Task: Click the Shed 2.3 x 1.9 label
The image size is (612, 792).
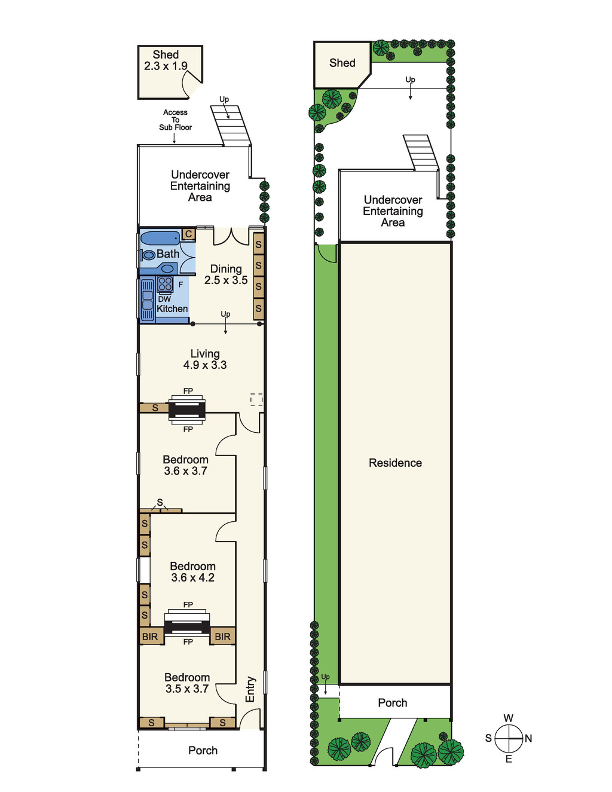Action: (x=166, y=60)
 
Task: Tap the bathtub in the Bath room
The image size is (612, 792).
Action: (x=160, y=238)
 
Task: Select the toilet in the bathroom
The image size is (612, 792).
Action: (x=148, y=255)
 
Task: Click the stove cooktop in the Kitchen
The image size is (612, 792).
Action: (x=165, y=284)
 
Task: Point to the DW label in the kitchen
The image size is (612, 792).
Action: (x=165, y=299)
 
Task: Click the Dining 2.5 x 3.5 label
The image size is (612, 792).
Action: (x=226, y=274)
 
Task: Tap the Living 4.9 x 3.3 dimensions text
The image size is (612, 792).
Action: (x=205, y=365)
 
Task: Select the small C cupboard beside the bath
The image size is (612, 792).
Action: (x=189, y=234)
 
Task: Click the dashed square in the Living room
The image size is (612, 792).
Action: (x=256, y=399)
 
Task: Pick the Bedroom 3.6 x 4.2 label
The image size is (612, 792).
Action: (x=192, y=571)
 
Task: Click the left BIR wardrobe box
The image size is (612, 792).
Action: (x=150, y=636)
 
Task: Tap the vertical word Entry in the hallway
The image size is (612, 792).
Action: (x=250, y=690)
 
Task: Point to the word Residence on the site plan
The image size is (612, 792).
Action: (x=395, y=463)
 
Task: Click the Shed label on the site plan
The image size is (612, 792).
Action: (x=342, y=63)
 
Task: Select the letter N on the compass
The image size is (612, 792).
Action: (x=528, y=738)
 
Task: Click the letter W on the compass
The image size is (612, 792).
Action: (x=509, y=718)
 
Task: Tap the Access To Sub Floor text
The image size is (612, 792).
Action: (x=175, y=120)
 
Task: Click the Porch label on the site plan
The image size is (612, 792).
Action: (x=392, y=703)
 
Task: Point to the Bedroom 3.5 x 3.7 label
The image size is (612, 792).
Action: (x=187, y=683)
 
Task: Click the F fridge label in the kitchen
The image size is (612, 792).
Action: (x=180, y=285)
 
